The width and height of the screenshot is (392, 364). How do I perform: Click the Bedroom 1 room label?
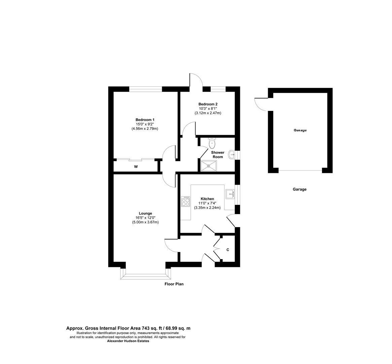(x=145, y=120)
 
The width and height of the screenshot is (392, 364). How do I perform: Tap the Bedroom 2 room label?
(x=208, y=104)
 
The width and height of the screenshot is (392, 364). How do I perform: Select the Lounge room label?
(x=145, y=213)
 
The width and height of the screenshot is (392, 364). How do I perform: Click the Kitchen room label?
(x=207, y=199)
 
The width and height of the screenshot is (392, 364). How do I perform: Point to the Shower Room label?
(x=218, y=155)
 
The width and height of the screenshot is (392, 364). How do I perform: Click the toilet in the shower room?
(x=212, y=143)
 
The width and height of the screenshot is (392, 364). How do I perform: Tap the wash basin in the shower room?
(x=233, y=155)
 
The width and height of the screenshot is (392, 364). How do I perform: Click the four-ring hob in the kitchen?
(x=185, y=202)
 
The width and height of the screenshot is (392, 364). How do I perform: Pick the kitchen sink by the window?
(x=230, y=194)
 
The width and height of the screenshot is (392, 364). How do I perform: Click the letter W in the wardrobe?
(x=136, y=167)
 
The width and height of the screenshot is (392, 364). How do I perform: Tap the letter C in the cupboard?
(x=228, y=250)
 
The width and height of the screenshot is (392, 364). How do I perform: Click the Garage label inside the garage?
(x=300, y=130)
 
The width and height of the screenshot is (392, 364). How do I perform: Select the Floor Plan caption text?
(x=174, y=284)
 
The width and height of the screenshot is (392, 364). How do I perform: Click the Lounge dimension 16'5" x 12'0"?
(x=145, y=218)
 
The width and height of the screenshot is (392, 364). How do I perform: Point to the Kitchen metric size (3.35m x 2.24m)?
(x=207, y=208)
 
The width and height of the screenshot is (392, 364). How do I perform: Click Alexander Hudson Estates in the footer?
(x=128, y=341)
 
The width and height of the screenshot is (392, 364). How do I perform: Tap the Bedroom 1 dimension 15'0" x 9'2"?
(x=145, y=124)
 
